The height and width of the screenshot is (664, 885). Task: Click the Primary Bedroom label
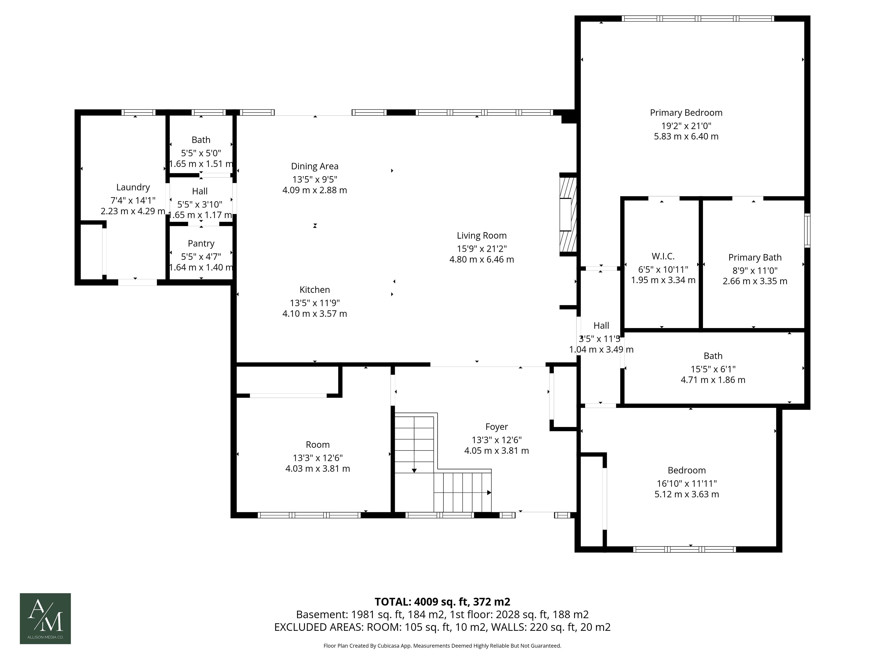pos(686,113)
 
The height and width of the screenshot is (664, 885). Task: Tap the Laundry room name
pos(133,187)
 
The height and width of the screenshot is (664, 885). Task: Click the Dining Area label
pos(314,166)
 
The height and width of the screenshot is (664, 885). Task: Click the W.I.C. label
pos(663,256)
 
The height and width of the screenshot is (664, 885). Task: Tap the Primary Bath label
pos(755,257)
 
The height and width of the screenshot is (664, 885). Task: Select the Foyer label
pos(496,427)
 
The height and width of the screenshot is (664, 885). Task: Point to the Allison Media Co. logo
pos(45,618)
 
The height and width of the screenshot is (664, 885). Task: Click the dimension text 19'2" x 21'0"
pos(686,126)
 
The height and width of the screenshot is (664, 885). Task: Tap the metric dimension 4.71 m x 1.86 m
pos(713,380)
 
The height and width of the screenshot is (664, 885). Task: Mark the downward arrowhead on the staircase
pos(414,470)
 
